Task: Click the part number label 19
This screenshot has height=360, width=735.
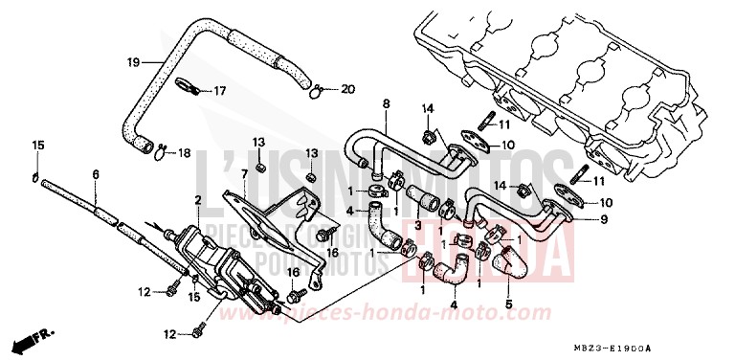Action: (134, 62)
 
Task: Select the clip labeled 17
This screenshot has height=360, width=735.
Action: (189, 90)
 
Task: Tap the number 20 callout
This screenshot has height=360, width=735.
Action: (347, 90)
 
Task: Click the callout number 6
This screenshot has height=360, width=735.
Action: (96, 173)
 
